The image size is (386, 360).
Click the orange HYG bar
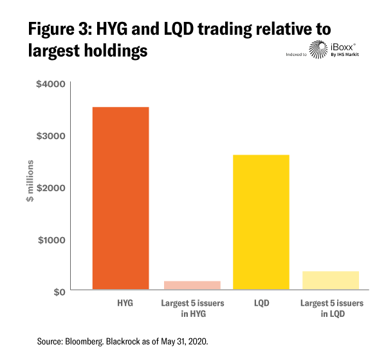pyautogui.click(x=121, y=198)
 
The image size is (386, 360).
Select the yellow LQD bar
pyautogui.click(x=261, y=222)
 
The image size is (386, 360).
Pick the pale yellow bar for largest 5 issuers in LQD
pyautogui.click(x=331, y=281)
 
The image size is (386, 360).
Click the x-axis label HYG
pyautogui.click(x=122, y=302)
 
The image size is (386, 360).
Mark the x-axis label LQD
pyautogui.click(x=261, y=302)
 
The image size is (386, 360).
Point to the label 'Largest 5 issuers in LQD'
pyautogui.click(x=331, y=307)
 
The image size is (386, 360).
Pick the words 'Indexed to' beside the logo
pyautogui.click(x=296, y=54)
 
